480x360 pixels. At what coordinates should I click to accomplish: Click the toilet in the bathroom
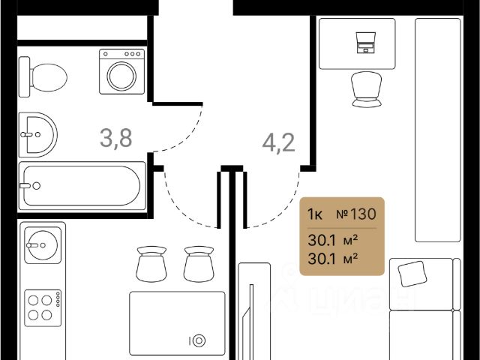(x=45, y=74)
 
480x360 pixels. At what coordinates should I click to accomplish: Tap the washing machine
(x=121, y=72)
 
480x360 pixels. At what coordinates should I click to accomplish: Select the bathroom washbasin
(x=35, y=135)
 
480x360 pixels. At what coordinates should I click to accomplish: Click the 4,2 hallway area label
(x=277, y=140)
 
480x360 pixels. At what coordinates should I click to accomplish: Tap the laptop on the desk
(x=366, y=43)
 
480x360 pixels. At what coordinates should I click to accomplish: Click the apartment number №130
(x=356, y=214)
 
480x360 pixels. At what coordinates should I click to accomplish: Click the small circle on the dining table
(x=198, y=340)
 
